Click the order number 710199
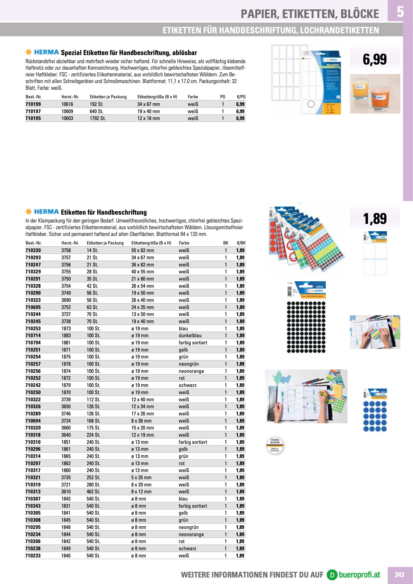(x=33, y=104)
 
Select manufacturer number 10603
(x=67, y=118)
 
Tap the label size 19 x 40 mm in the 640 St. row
(x=148, y=111)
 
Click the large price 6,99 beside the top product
(x=375, y=59)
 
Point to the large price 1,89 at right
(x=375, y=219)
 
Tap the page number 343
(x=399, y=575)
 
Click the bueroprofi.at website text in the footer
(x=359, y=575)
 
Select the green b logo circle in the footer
(x=332, y=575)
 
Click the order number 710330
(x=33, y=250)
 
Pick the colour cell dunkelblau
(x=190, y=336)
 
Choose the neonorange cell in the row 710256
(x=191, y=371)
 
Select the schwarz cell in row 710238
(x=188, y=548)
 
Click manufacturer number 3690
(x=66, y=300)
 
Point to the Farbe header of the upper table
(x=193, y=97)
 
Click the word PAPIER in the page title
(x=260, y=14)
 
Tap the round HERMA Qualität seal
(x=275, y=446)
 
